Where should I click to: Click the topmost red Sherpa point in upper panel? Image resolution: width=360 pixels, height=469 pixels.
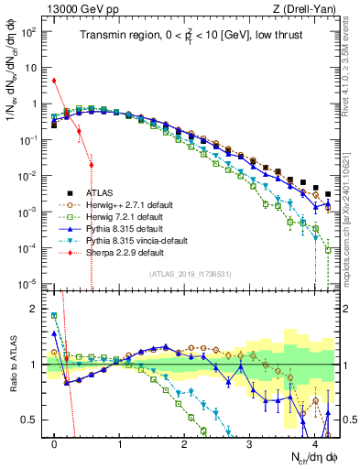(55, 81)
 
